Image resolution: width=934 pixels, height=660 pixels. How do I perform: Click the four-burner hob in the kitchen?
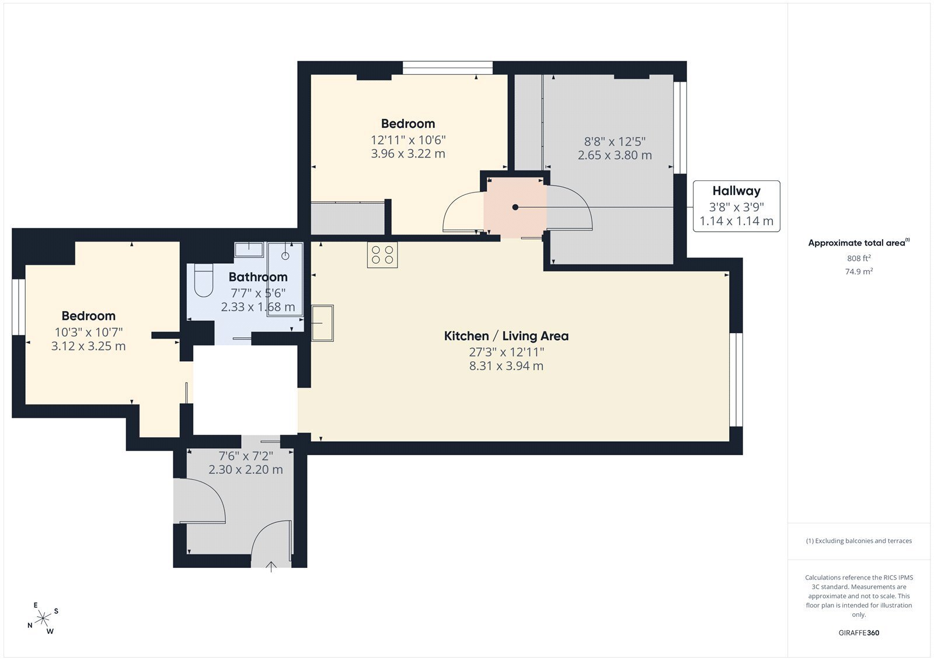382,255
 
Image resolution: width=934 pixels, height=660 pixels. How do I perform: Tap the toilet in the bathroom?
204,280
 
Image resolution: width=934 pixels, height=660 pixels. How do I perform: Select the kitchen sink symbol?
322,323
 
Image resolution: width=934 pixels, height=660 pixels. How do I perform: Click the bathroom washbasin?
249,250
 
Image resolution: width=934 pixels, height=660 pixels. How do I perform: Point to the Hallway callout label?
736,206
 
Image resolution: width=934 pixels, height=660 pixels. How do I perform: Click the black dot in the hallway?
515,207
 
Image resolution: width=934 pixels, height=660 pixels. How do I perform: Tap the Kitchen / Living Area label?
506,336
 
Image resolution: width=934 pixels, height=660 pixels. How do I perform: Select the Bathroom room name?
258,277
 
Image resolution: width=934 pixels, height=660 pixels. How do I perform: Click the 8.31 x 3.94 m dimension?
506,366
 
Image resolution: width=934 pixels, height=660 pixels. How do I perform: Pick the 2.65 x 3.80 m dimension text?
615,155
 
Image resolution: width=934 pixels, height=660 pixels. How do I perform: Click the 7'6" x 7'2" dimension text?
246,456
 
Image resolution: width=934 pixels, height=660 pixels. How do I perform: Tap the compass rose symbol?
43,619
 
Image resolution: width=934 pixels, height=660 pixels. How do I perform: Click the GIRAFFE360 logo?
859,633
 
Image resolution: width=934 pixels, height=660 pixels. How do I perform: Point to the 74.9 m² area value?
859,271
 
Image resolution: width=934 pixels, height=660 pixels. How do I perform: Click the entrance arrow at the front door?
271,567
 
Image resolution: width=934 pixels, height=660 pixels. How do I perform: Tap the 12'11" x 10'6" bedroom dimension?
408,140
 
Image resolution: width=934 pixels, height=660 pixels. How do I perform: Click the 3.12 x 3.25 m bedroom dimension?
88,346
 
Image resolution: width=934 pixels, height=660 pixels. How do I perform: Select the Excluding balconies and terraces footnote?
859,541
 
